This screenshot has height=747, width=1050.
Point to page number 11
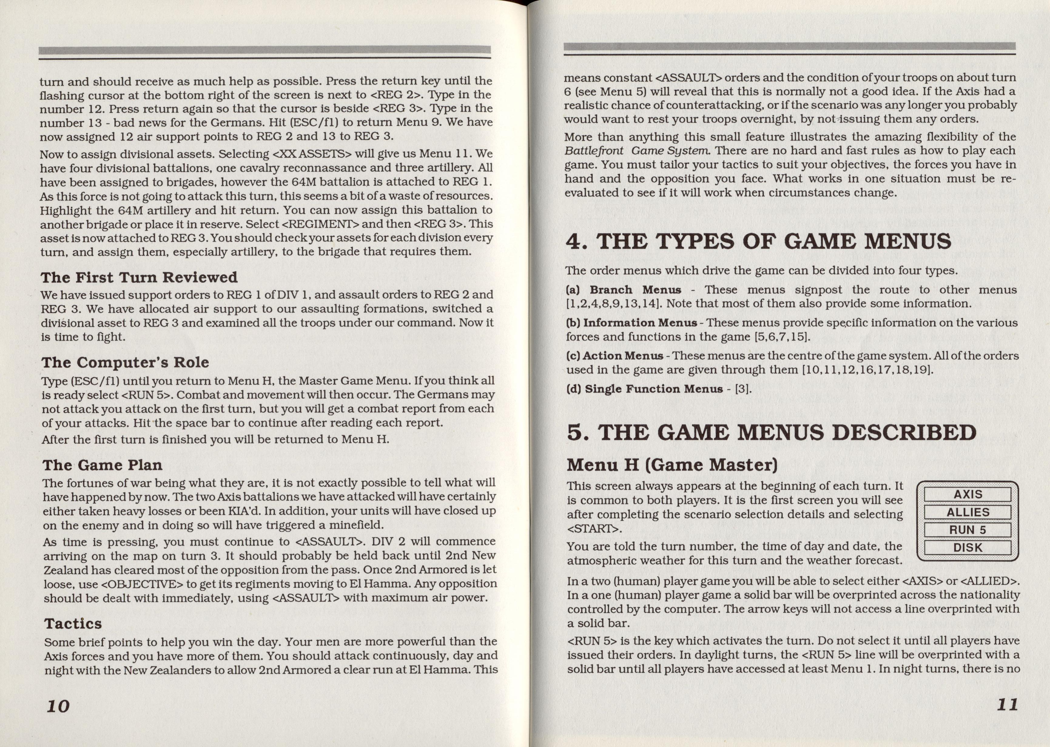[1007, 705]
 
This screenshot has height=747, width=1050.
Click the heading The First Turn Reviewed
[139, 278]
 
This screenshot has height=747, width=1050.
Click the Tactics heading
[73, 624]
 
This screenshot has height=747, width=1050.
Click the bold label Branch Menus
[635, 290]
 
